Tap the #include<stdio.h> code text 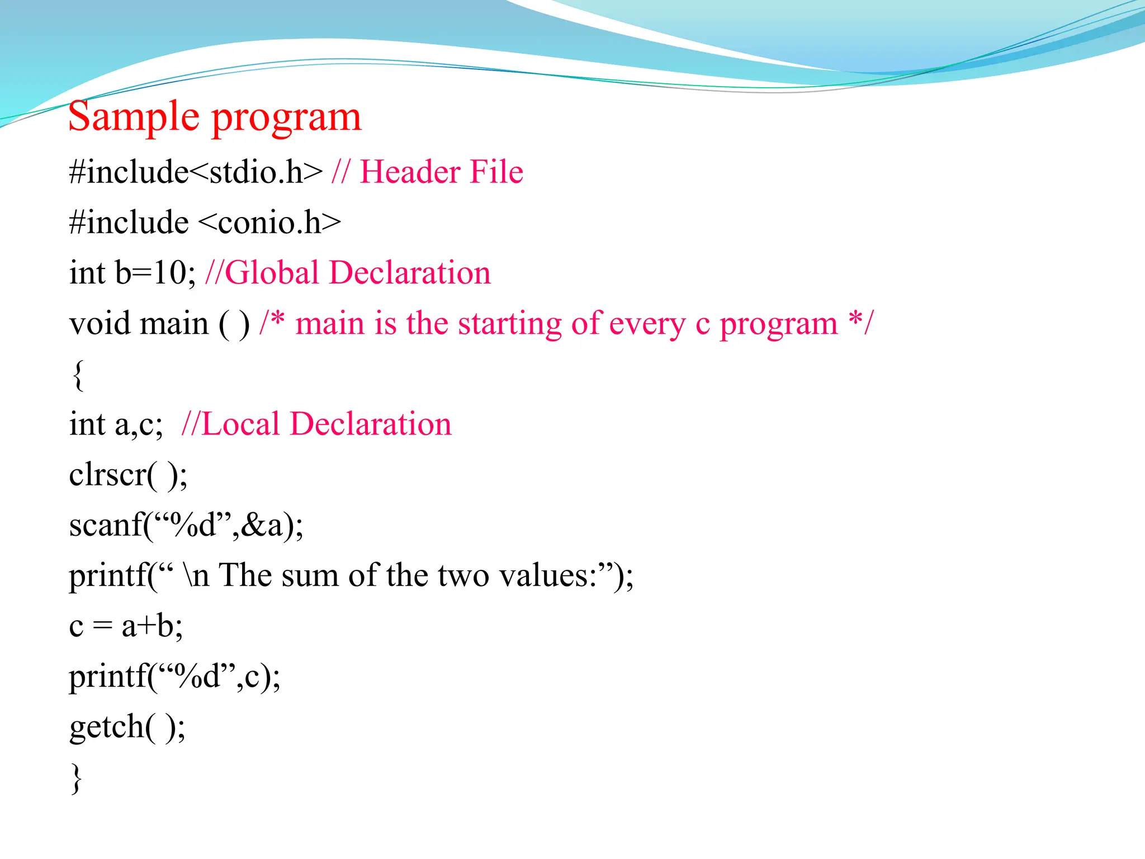[196, 172]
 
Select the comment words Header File [441, 172]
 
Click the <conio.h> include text [269, 223]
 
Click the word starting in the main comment [509, 324]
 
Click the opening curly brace [78, 375]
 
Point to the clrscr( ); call [128, 475]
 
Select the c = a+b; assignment [126, 626]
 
